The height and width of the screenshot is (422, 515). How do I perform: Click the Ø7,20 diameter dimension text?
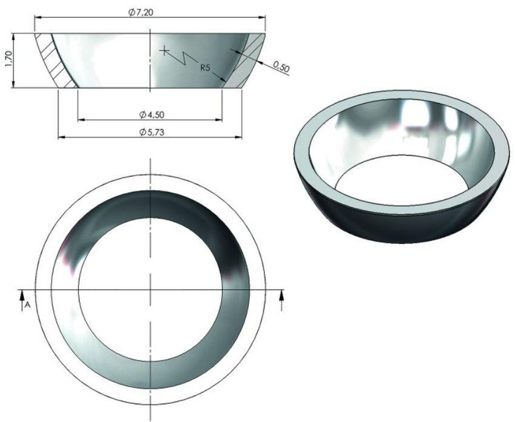[x=141, y=12]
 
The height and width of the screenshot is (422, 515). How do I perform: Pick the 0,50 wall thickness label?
[x=281, y=66]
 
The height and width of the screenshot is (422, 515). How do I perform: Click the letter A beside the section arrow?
[x=27, y=304]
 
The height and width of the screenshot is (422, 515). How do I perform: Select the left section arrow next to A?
[x=20, y=298]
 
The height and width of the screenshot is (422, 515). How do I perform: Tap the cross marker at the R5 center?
[x=164, y=51]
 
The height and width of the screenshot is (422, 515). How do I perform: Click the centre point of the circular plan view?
[x=150, y=289]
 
